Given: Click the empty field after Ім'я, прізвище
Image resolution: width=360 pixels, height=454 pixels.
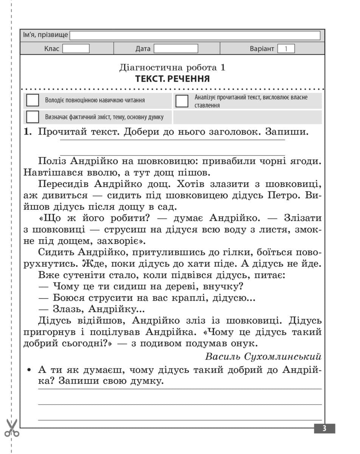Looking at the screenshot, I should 195,36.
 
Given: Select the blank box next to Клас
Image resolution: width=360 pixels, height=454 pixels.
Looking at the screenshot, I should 76,49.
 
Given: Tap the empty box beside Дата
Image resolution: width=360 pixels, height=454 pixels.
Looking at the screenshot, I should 176,49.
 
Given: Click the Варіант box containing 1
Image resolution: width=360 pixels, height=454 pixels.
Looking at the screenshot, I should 286,49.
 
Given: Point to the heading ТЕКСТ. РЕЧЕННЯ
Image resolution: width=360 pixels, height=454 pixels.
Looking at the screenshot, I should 172,79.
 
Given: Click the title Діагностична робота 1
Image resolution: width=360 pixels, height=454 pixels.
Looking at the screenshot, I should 172,68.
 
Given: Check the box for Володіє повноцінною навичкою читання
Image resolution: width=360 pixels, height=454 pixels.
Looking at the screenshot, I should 33,101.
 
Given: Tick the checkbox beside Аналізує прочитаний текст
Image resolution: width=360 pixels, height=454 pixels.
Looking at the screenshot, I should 182,101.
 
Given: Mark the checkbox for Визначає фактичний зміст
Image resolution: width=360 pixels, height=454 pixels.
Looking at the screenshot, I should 33,117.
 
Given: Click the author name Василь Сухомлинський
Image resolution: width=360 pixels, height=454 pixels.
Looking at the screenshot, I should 263,356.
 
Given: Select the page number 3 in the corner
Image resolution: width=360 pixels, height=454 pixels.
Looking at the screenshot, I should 324,429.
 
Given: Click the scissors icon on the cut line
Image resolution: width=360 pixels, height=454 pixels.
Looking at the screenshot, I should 12,428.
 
